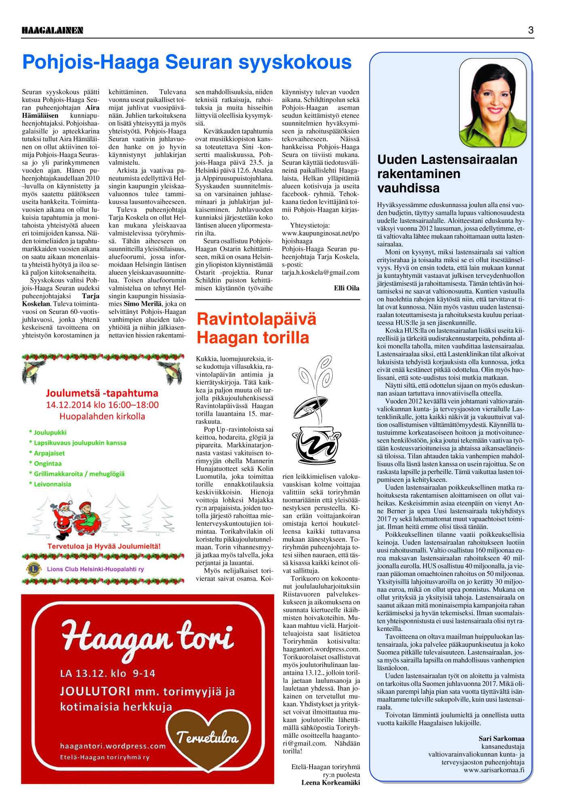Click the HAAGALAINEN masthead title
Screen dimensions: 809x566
53,30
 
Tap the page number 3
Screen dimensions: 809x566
530,30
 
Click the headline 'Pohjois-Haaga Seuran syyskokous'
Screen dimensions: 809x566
187,62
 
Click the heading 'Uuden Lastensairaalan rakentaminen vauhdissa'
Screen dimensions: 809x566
447,174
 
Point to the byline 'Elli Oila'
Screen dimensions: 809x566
346,288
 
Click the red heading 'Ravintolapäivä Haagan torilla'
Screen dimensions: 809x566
256,328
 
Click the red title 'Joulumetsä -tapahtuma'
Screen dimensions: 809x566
102,393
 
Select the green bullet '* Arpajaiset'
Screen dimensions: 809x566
47,453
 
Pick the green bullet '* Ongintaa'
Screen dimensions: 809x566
45,464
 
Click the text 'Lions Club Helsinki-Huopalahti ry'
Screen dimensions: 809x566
95,569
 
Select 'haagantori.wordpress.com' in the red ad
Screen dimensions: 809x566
113,746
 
